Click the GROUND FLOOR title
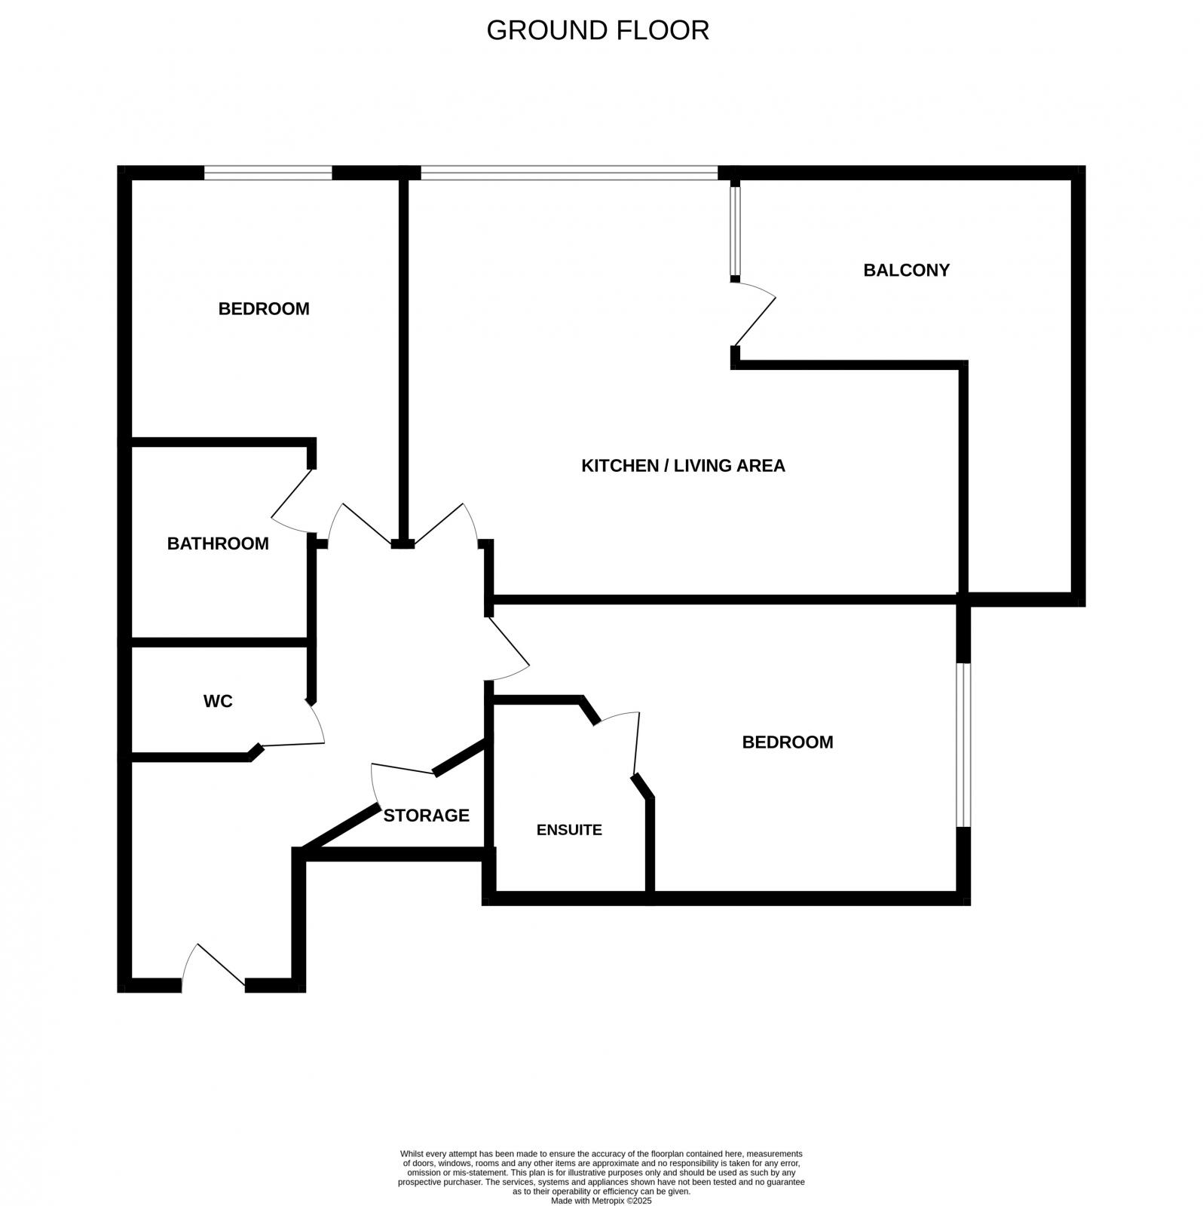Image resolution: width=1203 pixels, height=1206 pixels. (598, 30)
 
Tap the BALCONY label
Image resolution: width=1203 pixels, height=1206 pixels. (906, 270)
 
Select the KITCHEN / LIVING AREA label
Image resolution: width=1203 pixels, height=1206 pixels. (683, 466)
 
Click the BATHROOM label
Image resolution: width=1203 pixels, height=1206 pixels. (218, 543)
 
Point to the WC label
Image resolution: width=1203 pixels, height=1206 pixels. (218, 701)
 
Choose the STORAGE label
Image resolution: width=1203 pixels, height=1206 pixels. (426, 816)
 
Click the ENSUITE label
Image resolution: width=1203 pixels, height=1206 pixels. (569, 830)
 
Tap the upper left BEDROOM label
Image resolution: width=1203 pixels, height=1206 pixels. (264, 308)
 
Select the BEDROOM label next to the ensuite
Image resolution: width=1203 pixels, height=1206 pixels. (788, 742)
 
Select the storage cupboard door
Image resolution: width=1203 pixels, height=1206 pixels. (403, 772)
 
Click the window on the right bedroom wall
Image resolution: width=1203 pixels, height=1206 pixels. (963, 745)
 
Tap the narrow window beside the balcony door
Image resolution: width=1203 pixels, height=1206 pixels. (735, 231)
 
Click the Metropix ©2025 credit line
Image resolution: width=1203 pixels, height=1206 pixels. (601, 1201)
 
